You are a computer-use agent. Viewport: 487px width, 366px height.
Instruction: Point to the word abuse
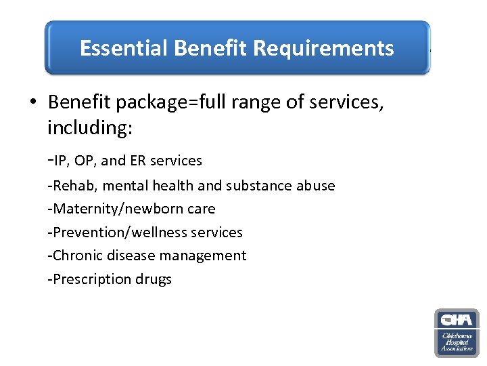point(314,186)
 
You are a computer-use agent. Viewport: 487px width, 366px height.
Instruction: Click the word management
point(204,256)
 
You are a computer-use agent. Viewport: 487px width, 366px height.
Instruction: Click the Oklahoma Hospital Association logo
point(457,333)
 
